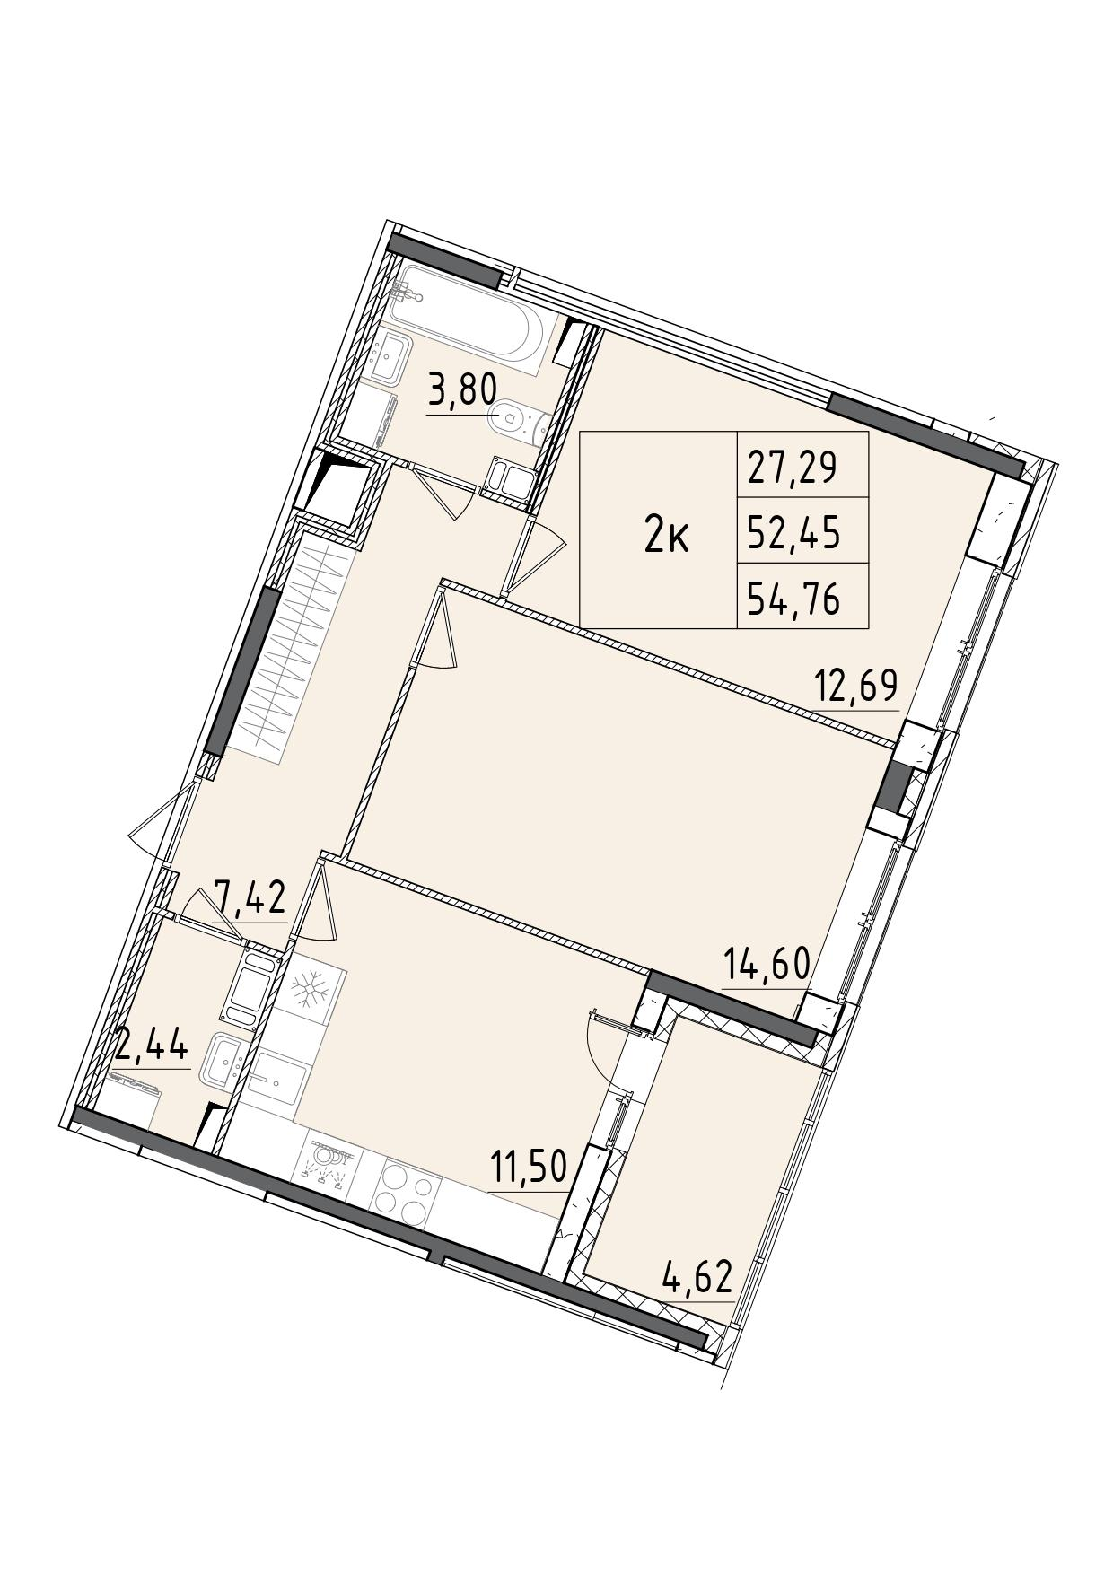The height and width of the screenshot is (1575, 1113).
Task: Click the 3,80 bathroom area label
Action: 462,394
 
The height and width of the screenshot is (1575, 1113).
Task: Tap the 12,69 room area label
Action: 855,687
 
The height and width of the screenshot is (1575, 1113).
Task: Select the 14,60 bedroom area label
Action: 767,966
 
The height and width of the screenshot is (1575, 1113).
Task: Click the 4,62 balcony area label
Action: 697,1275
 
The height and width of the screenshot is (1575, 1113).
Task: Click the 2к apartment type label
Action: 667,538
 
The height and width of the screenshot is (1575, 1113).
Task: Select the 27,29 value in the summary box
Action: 793,468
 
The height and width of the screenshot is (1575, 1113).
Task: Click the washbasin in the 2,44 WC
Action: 226,1063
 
